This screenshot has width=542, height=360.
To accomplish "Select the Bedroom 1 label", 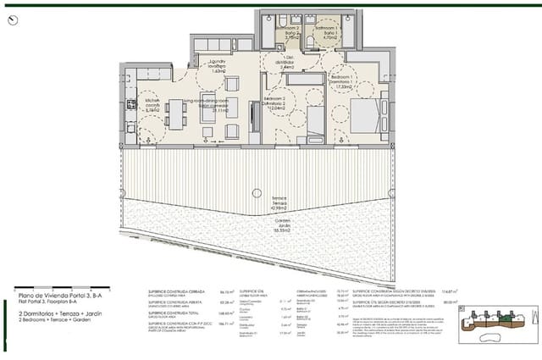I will click(343, 81).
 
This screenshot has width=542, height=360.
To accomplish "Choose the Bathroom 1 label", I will click(327, 32).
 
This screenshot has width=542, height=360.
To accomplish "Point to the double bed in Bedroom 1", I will click(367, 116).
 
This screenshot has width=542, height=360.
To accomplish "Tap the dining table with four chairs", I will click(178, 114).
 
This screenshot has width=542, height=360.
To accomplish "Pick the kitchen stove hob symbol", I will click(132, 103).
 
